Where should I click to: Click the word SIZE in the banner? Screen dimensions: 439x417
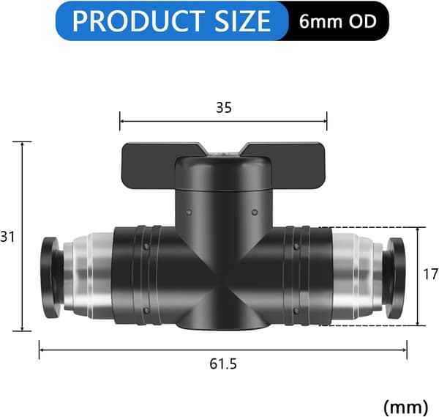[242, 21]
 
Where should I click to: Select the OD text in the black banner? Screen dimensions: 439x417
[362, 21]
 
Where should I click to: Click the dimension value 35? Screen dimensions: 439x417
[224, 108]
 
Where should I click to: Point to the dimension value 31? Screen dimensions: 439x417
[7, 237]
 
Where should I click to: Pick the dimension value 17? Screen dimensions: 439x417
[431, 274]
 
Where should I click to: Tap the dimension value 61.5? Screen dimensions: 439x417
[223, 364]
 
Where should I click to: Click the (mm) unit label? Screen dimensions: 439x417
[405, 407]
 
